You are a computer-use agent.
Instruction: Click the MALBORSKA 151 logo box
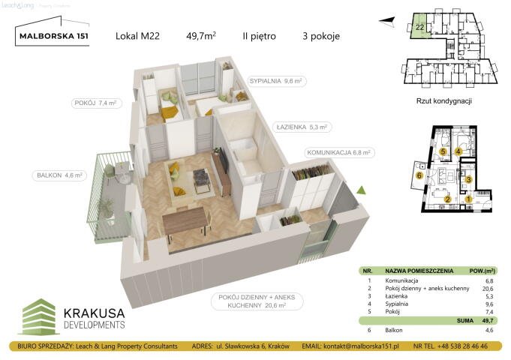point(52,36)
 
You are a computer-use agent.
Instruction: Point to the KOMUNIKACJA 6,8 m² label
point(340,152)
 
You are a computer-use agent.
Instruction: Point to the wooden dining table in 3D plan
point(185,220)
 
